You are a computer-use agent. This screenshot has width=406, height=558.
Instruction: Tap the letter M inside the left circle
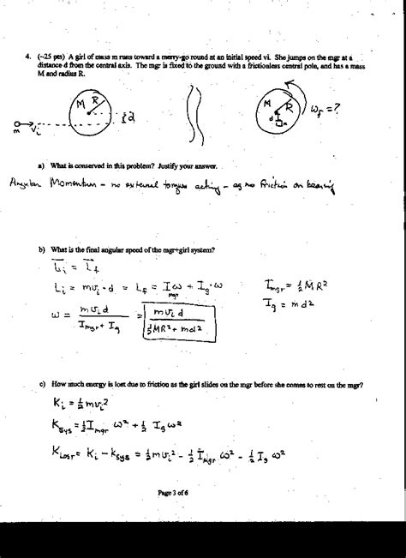tap(80, 105)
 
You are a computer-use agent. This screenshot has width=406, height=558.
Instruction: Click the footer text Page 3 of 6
tap(202, 516)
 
